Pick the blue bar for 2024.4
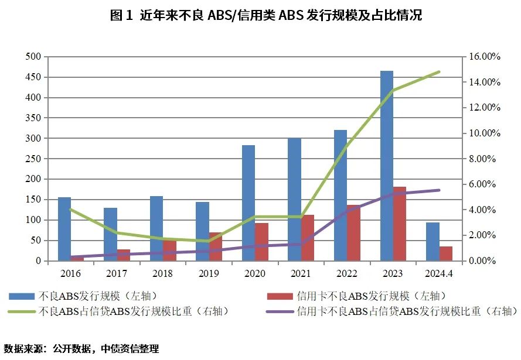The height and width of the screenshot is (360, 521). click(x=433, y=241)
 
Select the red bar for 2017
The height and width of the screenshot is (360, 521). click(x=124, y=255)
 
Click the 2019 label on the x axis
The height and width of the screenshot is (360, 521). click(x=209, y=273)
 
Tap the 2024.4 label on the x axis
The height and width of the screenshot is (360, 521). click(x=440, y=273)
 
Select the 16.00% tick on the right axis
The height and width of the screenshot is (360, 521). click(x=484, y=57)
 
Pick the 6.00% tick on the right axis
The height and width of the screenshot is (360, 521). click(x=484, y=184)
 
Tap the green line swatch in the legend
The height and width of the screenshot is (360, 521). click(x=20, y=311)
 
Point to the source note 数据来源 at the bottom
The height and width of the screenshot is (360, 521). click(x=81, y=348)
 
